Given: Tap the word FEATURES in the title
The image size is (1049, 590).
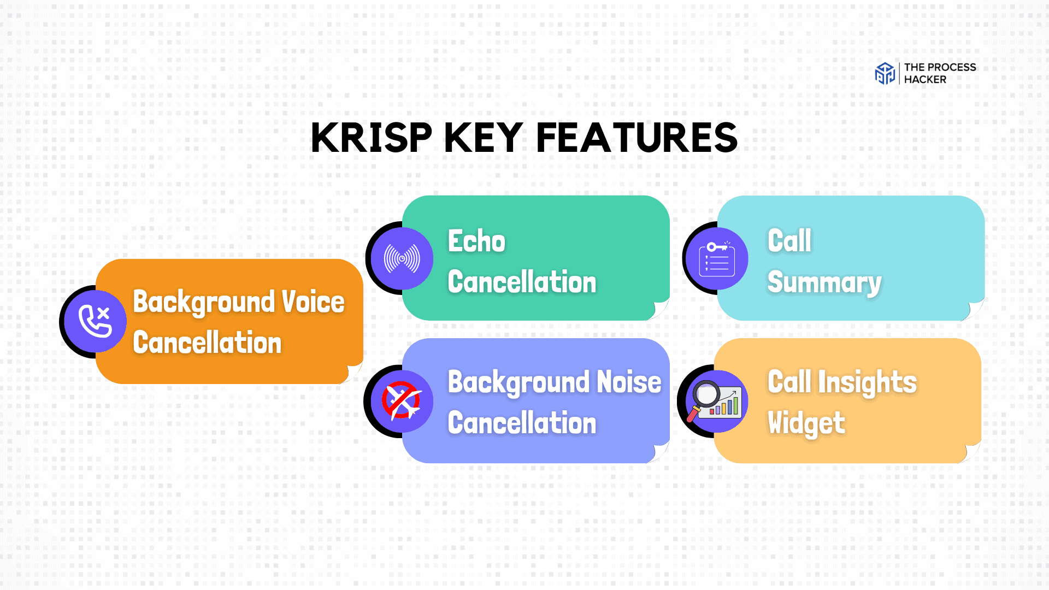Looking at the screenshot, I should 637,138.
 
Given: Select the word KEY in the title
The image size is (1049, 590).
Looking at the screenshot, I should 484,138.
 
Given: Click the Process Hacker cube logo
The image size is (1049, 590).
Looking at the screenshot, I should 885,73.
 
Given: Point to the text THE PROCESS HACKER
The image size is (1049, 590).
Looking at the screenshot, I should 939,73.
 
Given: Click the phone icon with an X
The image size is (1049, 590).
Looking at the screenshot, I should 96,321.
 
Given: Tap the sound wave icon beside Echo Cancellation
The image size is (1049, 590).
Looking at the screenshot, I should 402,258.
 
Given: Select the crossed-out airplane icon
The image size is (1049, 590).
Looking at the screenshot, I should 402,401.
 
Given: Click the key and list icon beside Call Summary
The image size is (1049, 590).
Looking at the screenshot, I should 717,259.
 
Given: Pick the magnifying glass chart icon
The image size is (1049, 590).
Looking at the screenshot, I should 716,402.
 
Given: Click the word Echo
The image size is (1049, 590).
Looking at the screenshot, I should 476,241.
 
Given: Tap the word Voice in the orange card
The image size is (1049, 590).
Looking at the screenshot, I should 313,302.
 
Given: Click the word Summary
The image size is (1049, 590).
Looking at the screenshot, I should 824,283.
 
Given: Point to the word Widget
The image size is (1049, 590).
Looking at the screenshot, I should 806,423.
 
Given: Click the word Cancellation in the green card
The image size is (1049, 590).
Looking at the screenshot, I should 522,282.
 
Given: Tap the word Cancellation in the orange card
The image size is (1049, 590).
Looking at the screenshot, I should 207,343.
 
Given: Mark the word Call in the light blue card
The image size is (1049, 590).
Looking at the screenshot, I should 789,241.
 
